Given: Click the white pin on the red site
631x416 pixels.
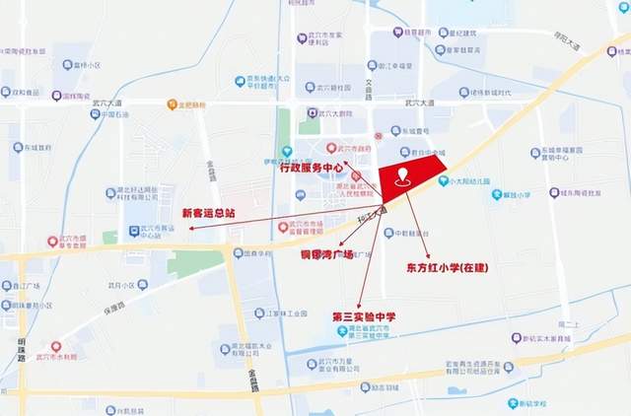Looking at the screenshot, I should pos(402,178).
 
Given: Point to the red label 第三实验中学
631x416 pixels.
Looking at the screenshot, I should pos(364,316).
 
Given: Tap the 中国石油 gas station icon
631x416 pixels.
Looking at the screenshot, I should pos(96,114).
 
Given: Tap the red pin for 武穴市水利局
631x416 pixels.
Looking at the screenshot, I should pos(56,347).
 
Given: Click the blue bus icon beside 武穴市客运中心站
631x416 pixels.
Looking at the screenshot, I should pos(135,232).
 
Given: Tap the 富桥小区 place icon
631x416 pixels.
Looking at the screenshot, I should pos(68,65).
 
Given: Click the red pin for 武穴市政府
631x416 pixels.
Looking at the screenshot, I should pos(331,148).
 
